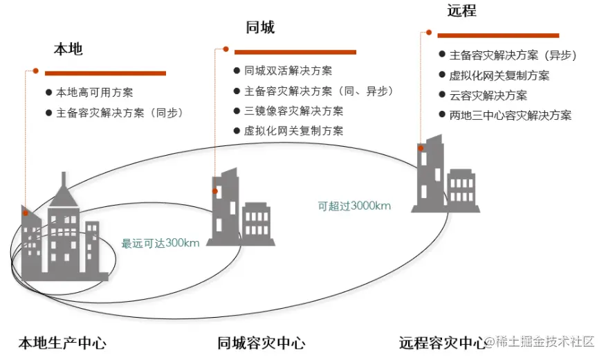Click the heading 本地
click(x=68, y=50)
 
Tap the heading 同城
click(x=259, y=28)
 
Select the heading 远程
click(x=461, y=11)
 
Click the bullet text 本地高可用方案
click(x=94, y=92)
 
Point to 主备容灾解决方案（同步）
click(x=119, y=112)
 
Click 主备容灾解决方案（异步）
click(x=513, y=55)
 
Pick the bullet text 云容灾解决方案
click(x=488, y=96)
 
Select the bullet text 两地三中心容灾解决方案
click(x=511, y=116)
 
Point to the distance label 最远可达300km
click(x=160, y=243)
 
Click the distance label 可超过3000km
click(x=354, y=206)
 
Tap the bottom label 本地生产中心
click(x=62, y=343)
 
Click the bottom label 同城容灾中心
click(x=261, y=343)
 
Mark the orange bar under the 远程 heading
click(x=498, y=35)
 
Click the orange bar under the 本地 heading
click(x=105, y=73)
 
